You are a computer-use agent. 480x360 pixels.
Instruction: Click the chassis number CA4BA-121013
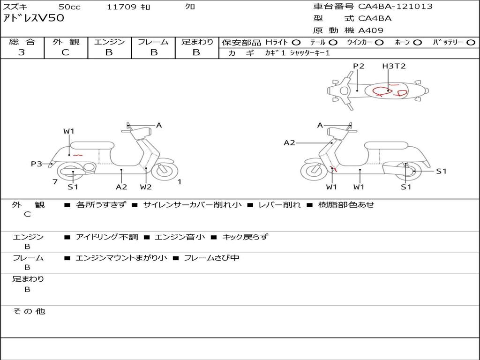tap(395, 7)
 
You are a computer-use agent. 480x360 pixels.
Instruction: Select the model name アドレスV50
tap(33, 18)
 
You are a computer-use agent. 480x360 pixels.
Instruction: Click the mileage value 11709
tap(121, 7)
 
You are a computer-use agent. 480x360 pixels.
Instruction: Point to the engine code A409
tap(371, 30)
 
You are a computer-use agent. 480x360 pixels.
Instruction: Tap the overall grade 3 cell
tap(22, 52)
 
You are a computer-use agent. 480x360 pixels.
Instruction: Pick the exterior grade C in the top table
tap(65, 52)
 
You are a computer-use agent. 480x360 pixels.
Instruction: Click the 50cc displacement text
tap(69, 7)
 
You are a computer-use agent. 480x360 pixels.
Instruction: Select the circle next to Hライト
tap(296, 42)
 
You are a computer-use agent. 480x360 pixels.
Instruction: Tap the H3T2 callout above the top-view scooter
tap(394, 66)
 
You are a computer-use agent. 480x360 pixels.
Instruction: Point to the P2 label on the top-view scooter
tap(359, 66)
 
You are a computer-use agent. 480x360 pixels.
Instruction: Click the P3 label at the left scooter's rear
tap(37, 164)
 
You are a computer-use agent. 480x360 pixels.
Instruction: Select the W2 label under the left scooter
tap(146, 187)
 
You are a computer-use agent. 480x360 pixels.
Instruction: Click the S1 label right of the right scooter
tap(441, 171)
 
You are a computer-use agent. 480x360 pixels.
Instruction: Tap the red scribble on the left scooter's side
tap(78, 155)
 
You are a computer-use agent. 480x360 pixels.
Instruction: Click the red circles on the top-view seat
tap(389, 91)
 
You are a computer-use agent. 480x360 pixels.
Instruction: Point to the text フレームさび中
tap(211, 258)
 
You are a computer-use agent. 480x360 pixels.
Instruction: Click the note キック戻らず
tap(245, 237)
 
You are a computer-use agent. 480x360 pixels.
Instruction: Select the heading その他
tap(29, 311)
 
